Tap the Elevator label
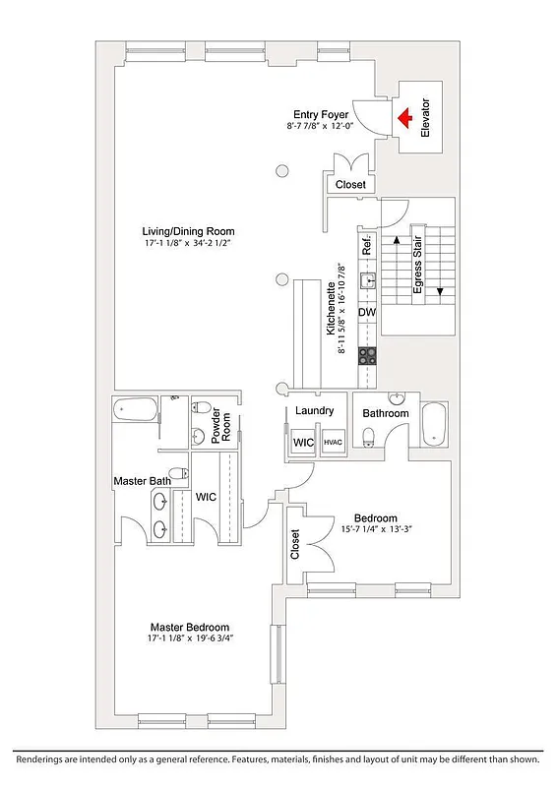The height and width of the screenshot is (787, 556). coord(426,118)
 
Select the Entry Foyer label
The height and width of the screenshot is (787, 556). coord(313,114)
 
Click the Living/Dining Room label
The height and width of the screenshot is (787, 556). coord(188,232)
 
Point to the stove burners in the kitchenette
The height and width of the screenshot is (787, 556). coord(368,355)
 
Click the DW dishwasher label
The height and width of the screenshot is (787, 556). coord(367,313)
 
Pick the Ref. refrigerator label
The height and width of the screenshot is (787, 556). coord(366,247)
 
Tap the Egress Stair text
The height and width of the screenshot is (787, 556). coord(418,267)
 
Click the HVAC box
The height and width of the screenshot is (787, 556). coord(333,444)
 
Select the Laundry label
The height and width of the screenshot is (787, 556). coord(315,411)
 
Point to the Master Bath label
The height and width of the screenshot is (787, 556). coord(136,480)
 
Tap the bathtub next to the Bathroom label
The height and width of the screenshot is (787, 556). coord(433,423)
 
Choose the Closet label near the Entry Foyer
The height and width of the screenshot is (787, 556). coord(350,184)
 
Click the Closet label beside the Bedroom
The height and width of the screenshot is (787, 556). coord(295,544)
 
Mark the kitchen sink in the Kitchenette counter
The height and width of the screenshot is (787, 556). coord(368,280)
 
